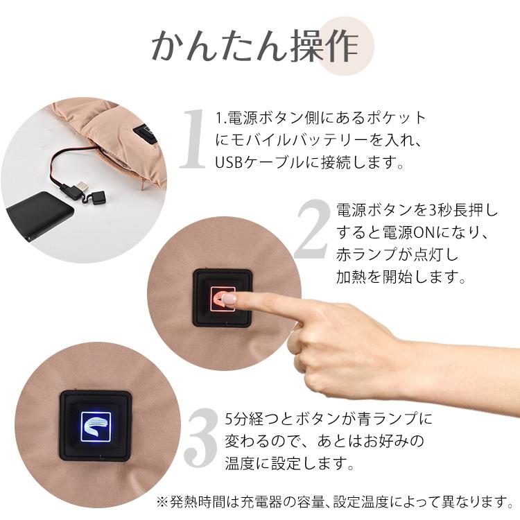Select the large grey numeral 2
311,232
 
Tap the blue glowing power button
96,425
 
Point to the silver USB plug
82,187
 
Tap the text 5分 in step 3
236,419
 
